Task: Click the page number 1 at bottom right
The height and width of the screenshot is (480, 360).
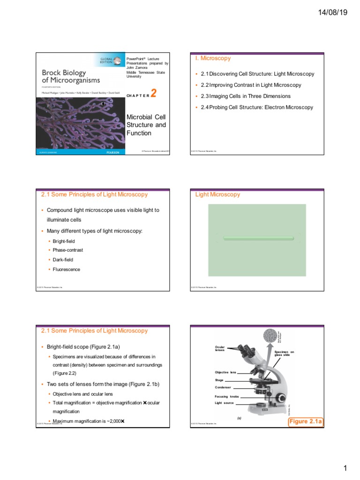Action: (345, 468)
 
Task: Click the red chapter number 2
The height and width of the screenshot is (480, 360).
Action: (153, 93)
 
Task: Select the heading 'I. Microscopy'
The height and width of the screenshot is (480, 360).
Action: (212, 58)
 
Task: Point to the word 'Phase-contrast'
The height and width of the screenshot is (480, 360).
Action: (68, 250)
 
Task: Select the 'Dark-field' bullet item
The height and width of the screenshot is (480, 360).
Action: (63, 260)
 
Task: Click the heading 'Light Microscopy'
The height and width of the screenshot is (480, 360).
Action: (217, 195)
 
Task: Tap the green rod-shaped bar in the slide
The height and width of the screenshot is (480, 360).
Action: (259, 238)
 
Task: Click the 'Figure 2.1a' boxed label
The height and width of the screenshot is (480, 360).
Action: (305, 422)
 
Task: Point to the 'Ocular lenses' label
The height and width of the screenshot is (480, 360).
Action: (220, 349)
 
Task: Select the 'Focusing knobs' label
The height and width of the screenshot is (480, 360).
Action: (226, 397)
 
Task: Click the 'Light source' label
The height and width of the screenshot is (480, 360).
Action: (224, 403)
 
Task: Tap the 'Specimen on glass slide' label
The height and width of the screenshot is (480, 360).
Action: (284, 353)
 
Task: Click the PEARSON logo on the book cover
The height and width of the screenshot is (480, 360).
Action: (111, 152)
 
